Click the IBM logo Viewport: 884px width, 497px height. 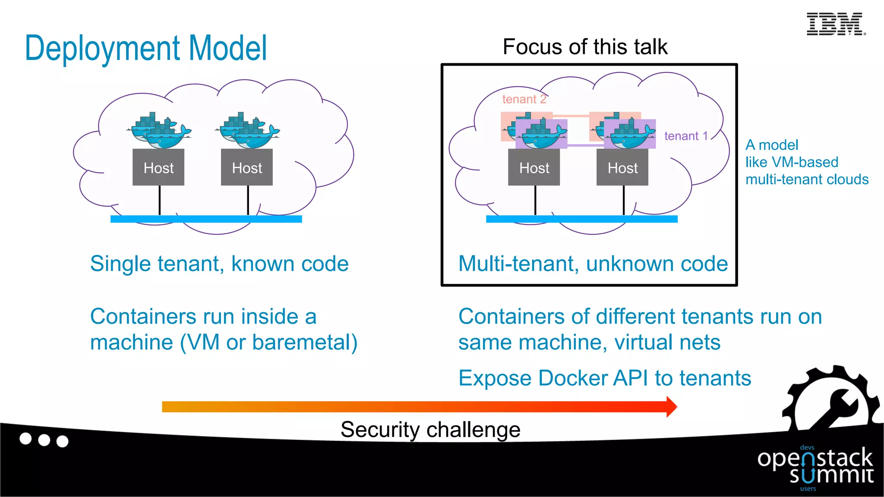[835, 24]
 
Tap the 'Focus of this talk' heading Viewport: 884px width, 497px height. [585, 47]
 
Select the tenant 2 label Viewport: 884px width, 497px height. [524, 99]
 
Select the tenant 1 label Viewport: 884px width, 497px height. [686, 136]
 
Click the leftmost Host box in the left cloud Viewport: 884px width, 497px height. [158, 167]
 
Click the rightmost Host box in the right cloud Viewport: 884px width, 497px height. [622, 167]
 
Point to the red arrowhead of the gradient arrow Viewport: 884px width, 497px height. [671, 406]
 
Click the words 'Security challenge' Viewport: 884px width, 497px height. [430, 430]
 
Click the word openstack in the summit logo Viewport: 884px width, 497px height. [815, 458]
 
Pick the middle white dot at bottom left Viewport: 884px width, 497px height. [44, 440]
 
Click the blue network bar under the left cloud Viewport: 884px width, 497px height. [206, 219]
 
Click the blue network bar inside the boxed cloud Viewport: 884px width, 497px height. [581, 219]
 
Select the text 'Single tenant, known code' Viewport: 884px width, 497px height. [219, 264]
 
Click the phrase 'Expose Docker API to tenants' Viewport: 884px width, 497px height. [604, 378]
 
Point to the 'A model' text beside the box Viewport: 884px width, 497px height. [772, 145]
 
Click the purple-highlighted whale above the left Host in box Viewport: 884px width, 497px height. [542, 135]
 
